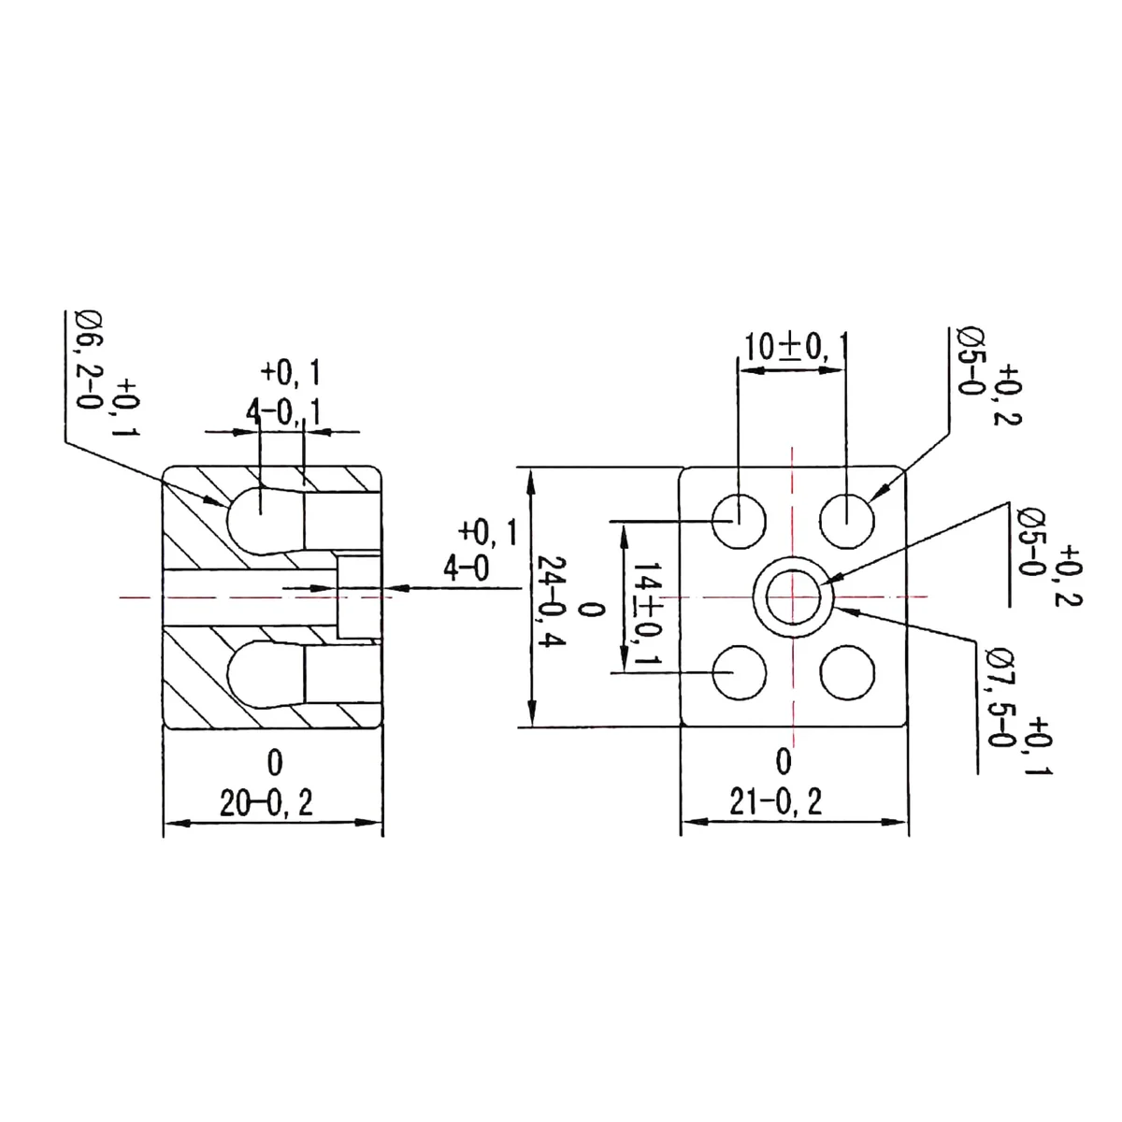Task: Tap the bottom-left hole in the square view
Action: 739,672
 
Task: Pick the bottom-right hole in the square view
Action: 846,672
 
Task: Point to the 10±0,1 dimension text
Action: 795,348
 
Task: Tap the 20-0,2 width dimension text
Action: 266,802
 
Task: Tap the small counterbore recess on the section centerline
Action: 359,597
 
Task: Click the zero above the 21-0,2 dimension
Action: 784,761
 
